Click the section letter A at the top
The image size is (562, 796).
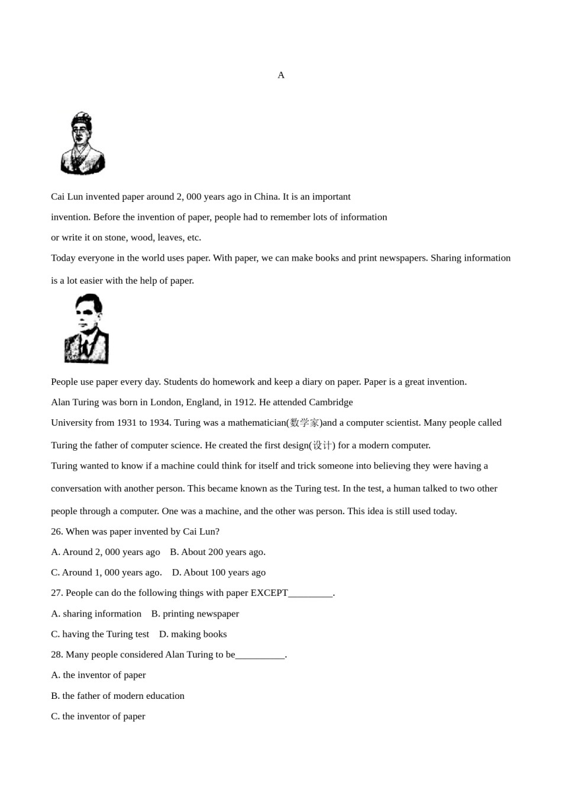[281, 75]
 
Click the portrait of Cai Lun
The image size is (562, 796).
[83, 144]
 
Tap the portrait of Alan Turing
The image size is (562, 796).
[86, 329]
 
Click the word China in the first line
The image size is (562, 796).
[266, 197]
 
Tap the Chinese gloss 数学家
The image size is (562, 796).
[305, 423]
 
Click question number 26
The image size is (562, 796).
[57, 532]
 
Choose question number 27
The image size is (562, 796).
[57, 593]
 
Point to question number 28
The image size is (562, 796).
[57, 654]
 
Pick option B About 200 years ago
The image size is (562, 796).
[218, 552]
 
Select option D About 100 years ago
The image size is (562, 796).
[219, 573]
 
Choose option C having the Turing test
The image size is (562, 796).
[100, 634]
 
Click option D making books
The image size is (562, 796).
[193, 634]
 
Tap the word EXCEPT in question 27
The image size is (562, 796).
[269, 593]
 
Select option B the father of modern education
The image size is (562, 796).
[118, 696]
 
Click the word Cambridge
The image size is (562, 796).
[331, 402]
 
